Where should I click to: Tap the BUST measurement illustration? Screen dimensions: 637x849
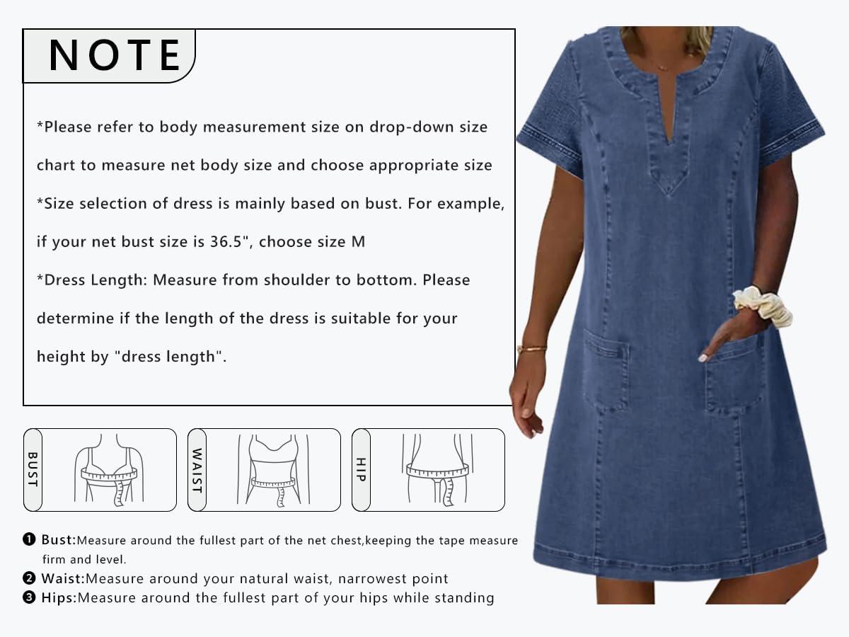click(x=108, y=470)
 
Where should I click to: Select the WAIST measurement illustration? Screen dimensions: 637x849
click(x=273, y=470)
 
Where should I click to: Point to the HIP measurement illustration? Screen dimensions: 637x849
click(x=437, y=470)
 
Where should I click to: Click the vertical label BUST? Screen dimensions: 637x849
click(x=33, y=469)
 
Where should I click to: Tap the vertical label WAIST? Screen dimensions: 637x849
click(x=197, y=470)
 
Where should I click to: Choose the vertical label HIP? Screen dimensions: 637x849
click(x=361, y=469)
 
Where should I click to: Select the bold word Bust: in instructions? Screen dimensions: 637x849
click(x=58, y=540)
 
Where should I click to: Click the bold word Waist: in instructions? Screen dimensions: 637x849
click(x=62, y=578)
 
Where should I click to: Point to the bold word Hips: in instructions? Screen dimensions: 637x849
click(x=59, y=597)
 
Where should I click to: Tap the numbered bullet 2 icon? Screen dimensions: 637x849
click(x=29, y=578)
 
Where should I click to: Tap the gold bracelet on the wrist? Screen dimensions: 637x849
click(x=531, y=348)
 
